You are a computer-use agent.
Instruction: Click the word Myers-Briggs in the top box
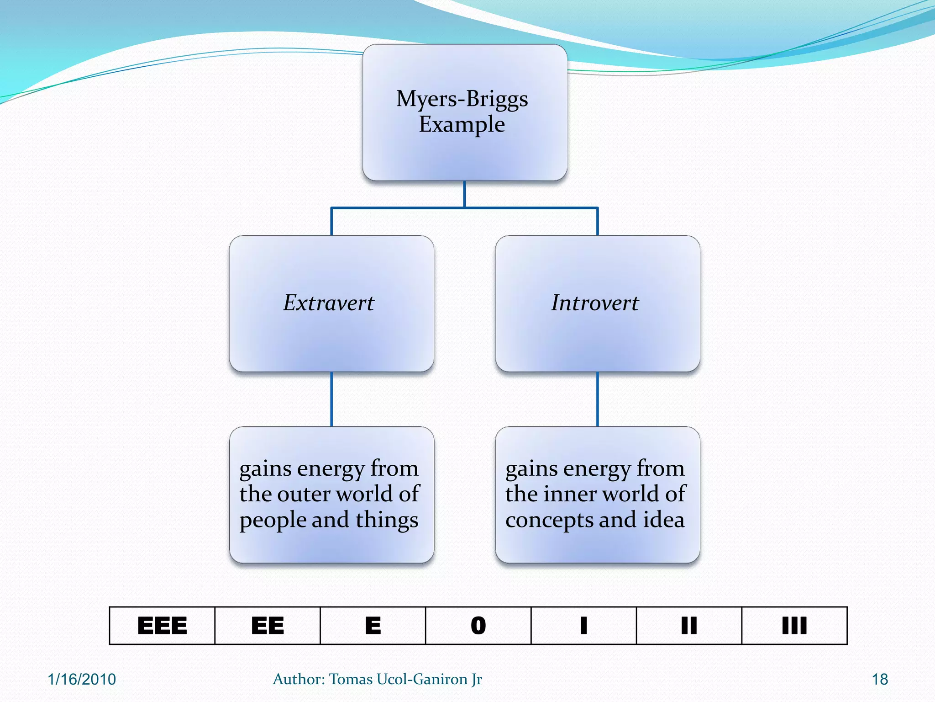click(x=462, y=99)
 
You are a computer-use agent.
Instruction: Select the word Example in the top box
click(x=462, y=124)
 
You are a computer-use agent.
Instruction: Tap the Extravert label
click(x=329, y=303)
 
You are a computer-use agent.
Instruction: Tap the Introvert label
click(x=595, y=303)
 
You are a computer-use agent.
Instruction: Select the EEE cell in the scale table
click(x=162, y=626)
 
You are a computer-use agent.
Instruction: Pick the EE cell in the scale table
click(x=268, y=626)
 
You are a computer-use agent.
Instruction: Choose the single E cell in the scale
click(x=373, y=626)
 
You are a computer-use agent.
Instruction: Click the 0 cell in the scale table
click(x=478, y=626)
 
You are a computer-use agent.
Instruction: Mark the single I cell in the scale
click(x=583, y=626)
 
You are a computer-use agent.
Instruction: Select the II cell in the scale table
click(x=689, y=626)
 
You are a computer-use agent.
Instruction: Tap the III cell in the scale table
click(x=794, y=626)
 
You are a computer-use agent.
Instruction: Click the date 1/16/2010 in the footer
click(x=82, y=679)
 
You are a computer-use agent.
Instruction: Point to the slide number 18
click(x=880, y=679)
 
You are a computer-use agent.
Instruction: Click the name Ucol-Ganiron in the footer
click(x=420, y=679)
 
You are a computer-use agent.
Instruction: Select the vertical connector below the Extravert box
click(x=331, y=399)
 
